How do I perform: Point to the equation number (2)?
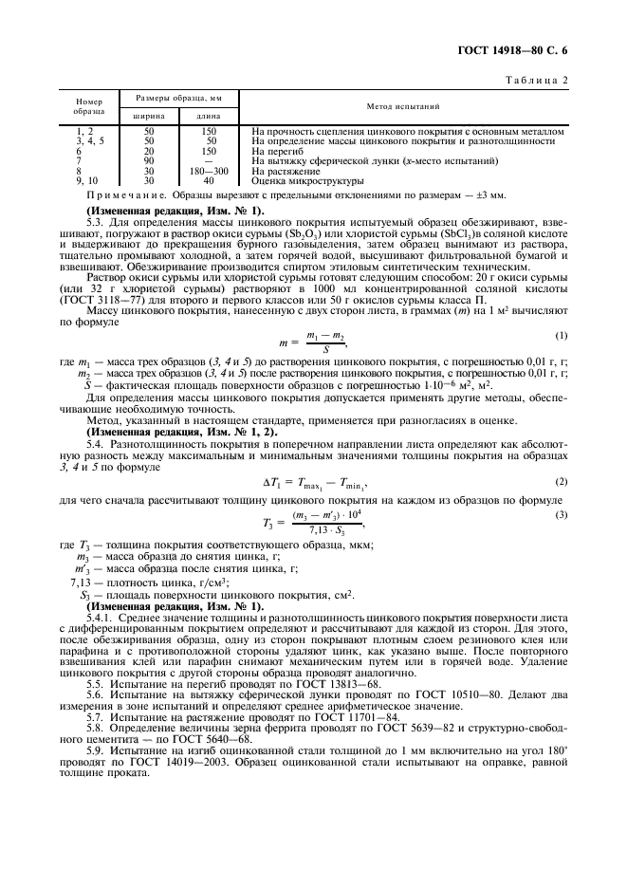(561, 481)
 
